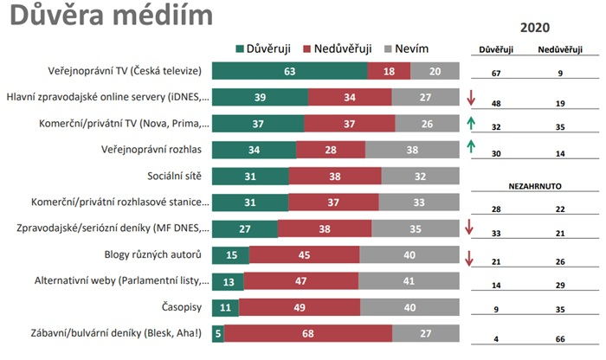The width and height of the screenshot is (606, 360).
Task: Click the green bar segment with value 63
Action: pyautogui.click(x=289, y=72)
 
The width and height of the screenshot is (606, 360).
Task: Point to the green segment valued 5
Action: pyautogui.click(x=217, y=334)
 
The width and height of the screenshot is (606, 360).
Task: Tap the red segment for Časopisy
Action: pyautogui.click(x=300, y=308)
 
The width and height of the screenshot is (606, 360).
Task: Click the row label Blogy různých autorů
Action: pyautogui.click(x=152, y=255)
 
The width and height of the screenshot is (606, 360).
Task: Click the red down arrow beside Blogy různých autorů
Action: pyautogui.click(x=468, y=258)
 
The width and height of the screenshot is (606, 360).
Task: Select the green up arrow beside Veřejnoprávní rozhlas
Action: pyautogui.click(x=468, y=148)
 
